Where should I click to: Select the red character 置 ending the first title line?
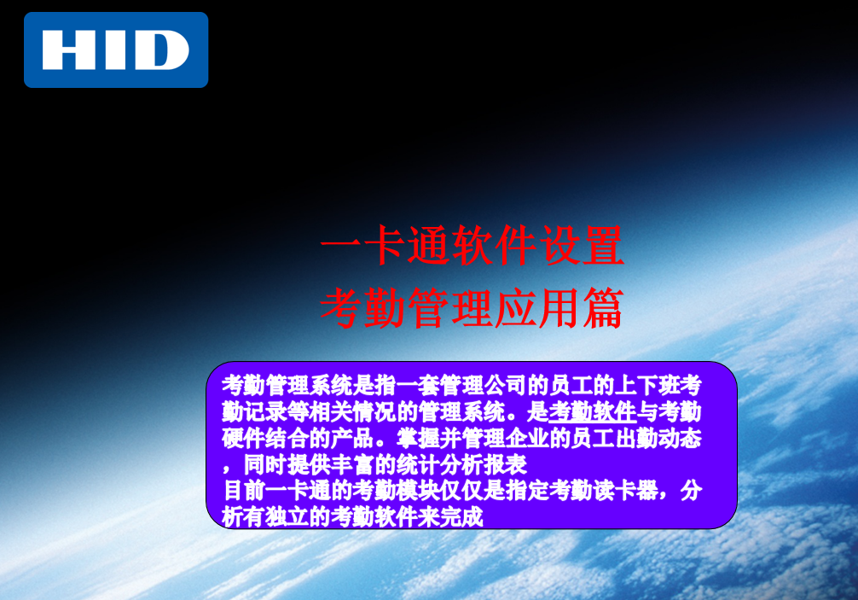pyautogui.click(x=603, y=245)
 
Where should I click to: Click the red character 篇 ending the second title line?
pyautogui.click(x=603, y=308)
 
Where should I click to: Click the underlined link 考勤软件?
pyautogui.click(x=593, y=411)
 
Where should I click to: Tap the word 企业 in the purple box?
pyautogui.click(x=527, y=438)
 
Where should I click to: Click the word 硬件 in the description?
pyautogui.click(x=244, y=438)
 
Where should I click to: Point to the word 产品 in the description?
pyautogui.click(x=352, y=438)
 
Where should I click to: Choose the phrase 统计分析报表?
pyautogui.click(x=461, y=464)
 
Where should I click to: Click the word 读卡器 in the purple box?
pyautogui.click(x=625, y=490)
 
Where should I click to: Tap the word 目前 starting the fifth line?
pyautogui.click(x=244, y=490)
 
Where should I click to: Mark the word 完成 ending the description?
pyautogui.click(x=461, y=516)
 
